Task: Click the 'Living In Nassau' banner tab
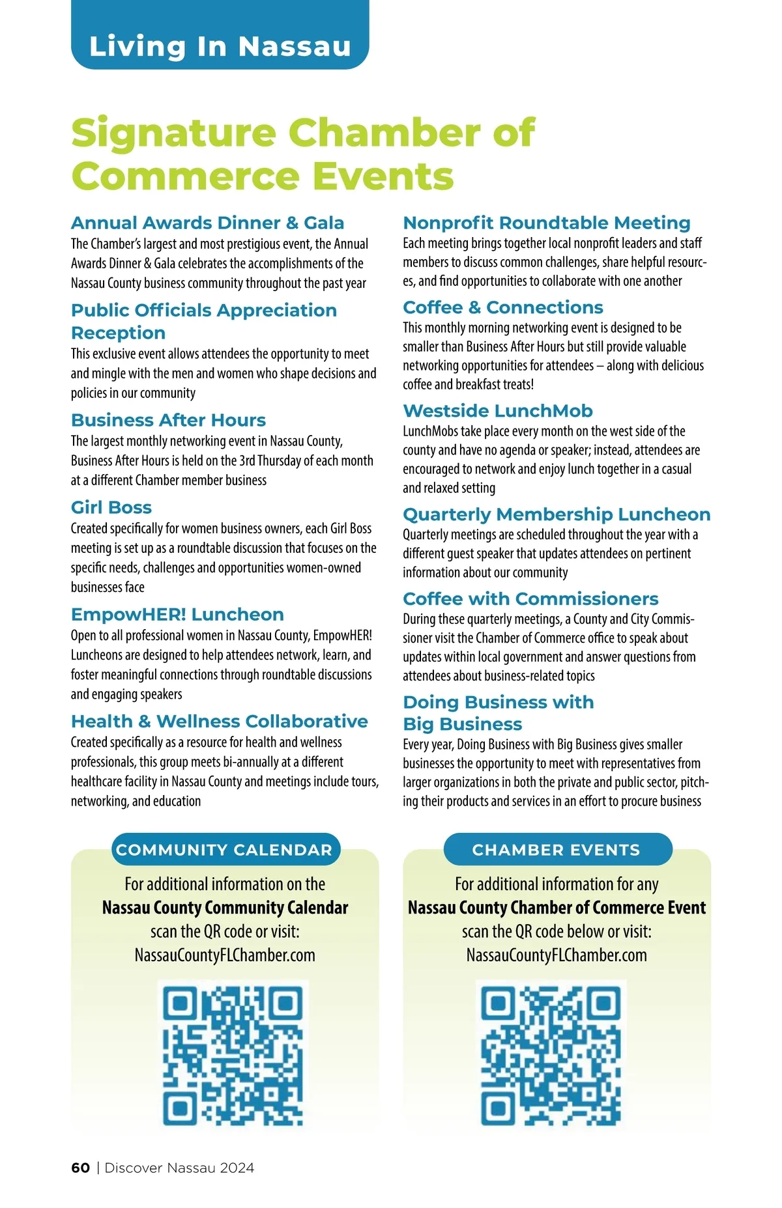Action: coord(220,46)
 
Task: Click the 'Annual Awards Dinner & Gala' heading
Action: coord(207,223)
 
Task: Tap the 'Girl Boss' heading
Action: coord(111,507)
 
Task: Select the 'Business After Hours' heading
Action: coord(168,420)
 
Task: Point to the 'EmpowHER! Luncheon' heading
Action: coord(177,614)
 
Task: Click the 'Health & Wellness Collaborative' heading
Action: coord(219,722)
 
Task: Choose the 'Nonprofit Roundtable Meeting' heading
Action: coord(546,223)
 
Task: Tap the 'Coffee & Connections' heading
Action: coord(502,307)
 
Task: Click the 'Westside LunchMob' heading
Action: coord(497,411)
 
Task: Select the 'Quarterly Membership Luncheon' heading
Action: coord(556,514)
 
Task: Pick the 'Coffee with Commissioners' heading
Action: coord(530,598)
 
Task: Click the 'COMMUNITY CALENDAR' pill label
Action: coord(225,849)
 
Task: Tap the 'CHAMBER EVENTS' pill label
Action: coord(557,849)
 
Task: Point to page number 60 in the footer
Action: coord(80,1168)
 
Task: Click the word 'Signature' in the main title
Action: coord(174,133)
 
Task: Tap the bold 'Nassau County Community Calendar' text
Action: coord(225,907)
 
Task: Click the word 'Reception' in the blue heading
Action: coord(118,333)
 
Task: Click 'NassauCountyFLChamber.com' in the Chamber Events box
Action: coord(557,955)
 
